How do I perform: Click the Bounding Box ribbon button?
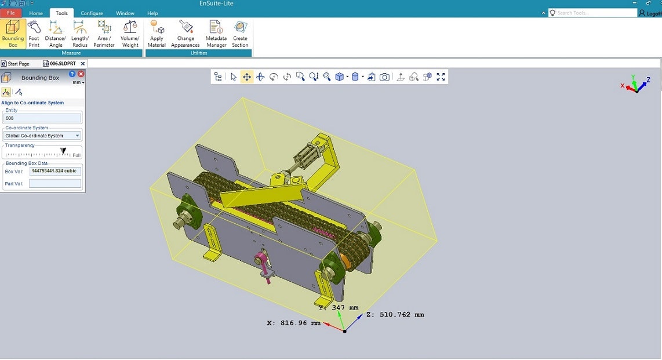coord(13,34)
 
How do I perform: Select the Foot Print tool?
coord(34,34)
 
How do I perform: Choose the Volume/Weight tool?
coord(130,34)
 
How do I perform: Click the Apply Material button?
coord(157,34)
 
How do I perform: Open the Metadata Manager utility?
coord(216,34)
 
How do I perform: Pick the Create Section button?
coord(240,34)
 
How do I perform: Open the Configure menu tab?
coord(92,13)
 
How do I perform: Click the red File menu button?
coord(11,13)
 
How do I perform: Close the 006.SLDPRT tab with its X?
coord(83,64)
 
